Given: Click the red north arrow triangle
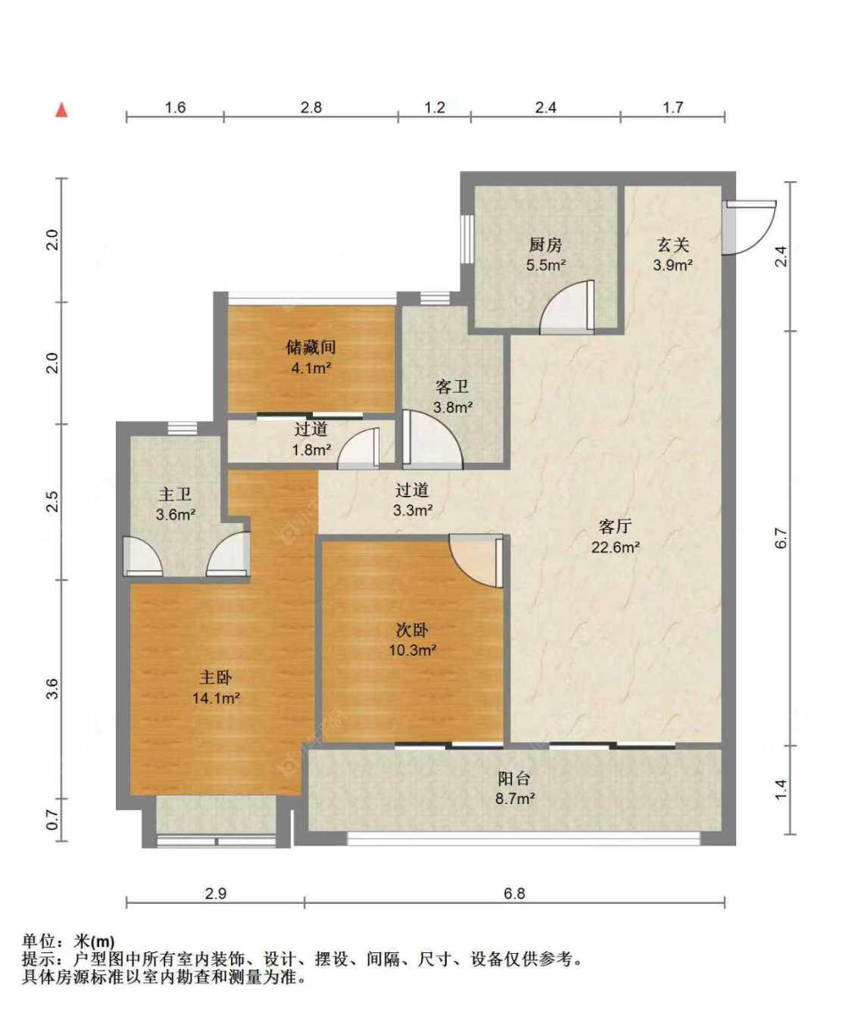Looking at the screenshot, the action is pos(61,111).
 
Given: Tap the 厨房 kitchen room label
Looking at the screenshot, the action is pos(545,245).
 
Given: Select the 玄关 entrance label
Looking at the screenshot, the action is pos(673,245).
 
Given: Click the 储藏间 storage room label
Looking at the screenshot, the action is pos(311,347).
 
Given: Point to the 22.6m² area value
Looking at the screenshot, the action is pos(616,547).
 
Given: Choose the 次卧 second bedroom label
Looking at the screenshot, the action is pos(411,630).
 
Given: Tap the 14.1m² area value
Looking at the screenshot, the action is pos(216,698).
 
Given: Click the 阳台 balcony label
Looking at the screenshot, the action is pos(513,778).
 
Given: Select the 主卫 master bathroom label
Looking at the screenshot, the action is pos(175,494).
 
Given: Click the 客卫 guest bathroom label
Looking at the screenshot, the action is pos(452,387).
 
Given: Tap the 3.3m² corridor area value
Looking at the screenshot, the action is pos(413,510).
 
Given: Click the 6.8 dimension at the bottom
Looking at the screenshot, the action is pos(515,893).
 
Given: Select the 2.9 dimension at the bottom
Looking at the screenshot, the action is pos(215,893).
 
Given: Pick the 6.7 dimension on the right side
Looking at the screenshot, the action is pos(782,538).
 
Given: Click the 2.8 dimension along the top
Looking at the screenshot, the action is pos(311,108).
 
